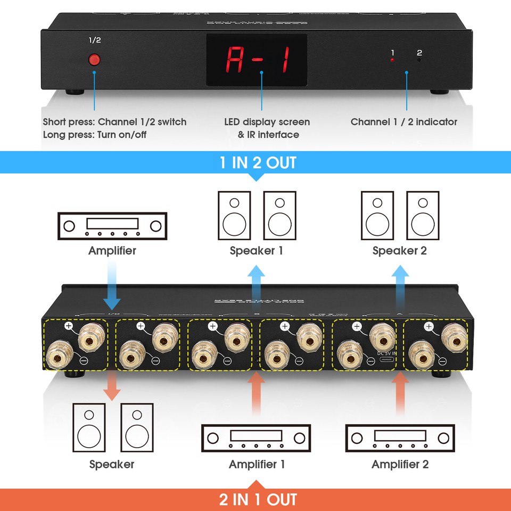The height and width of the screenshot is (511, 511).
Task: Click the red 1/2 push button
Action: click(x=95, y=60)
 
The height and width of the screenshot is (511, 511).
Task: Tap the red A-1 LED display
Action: click(x=257, y=60)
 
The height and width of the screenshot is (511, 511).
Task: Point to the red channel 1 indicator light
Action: click(x=393, y=61)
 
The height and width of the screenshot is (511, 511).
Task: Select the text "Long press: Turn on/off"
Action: click(x=94, y=135)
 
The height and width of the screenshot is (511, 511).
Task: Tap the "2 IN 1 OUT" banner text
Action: click(x=258, y=500)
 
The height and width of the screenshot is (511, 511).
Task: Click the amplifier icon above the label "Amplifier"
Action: click(x=112, y=226)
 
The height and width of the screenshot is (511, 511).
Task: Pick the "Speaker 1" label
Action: click(x=257, y=251)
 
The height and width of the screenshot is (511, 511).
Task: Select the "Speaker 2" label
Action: click(x=399, y=251)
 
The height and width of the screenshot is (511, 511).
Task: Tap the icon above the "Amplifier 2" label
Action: click(x=400, y=438)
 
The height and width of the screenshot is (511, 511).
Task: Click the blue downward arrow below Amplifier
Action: click(x=112, y=290)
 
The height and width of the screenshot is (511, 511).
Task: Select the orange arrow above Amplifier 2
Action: click(x=400, y=391)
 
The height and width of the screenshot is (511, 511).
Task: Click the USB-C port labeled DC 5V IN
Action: click(x=384, y=360)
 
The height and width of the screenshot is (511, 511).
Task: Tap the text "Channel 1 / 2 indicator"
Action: click(x=403, y=122)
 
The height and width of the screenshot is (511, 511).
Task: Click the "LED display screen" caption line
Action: click(x=267, y=122)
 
